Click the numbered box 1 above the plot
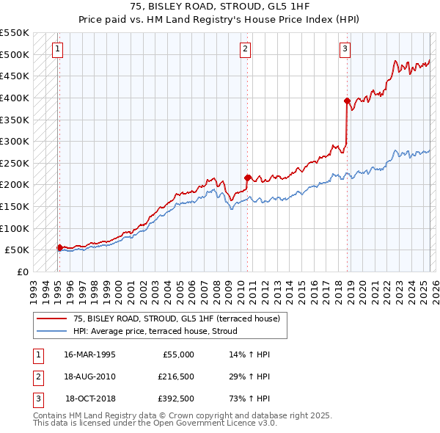point(58,49)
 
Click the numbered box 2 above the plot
point(245,49)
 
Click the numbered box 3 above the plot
point(345,49)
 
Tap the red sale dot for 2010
point(247,177)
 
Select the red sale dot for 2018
point(347,101)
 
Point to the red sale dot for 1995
point(59,247)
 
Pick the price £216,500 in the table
point(176,376)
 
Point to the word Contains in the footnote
point(51,415)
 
